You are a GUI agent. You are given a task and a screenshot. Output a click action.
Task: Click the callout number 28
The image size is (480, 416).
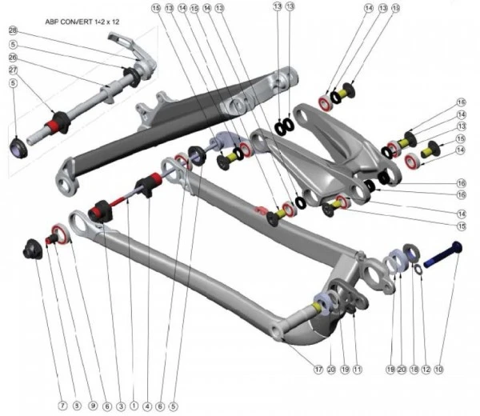(12, 30)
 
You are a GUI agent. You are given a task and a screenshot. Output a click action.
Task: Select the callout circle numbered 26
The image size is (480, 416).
(12, 57)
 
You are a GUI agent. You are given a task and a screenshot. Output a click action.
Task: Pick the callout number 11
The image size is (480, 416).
(358, 370)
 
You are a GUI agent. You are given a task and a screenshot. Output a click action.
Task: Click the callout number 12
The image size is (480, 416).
(426, 370)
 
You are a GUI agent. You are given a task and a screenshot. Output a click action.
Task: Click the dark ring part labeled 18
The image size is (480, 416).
(408, 253)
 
